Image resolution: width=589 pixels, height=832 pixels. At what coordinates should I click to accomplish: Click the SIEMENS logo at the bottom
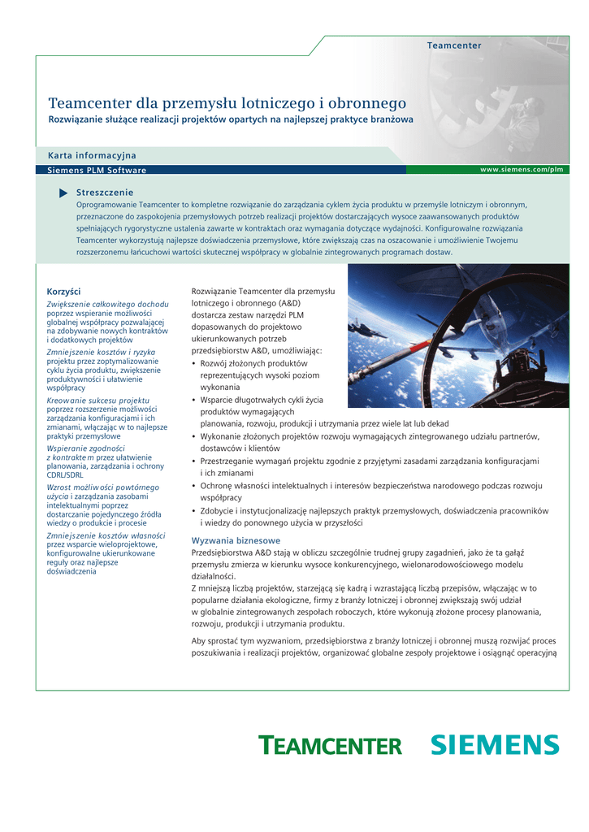pyautogui.click(x=494, y=744)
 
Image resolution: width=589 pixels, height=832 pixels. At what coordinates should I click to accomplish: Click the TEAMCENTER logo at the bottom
pyautogui.click(x=330, y=745)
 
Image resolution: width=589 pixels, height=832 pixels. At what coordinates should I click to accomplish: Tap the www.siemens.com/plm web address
pyautogui.click(x=522, y=170)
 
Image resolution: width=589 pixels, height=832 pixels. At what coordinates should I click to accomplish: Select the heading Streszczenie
pyautogui.click(x=105, y=192)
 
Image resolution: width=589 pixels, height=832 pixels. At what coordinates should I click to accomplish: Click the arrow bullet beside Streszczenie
pyautogui.click(x=64, y=193)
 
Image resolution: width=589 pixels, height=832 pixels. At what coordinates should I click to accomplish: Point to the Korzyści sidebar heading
pyautogui.click(x=63, y=291)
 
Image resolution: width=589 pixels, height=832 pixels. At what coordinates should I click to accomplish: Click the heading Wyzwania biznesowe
pyautogui.click(x=236, y=540)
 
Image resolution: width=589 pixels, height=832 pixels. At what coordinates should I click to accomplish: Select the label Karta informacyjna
pyautogui.click(x=92, y=155)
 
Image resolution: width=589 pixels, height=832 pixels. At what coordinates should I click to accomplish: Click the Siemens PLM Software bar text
pyautogui.click(x=97, y=170)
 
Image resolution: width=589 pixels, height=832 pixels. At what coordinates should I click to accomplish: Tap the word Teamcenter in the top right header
pyautogui.click(x=454, y=45)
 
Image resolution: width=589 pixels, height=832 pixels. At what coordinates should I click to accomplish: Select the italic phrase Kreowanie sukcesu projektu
pyautogui.click(x=98, y=401)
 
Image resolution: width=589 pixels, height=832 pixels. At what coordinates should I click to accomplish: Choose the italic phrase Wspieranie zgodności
pyautogui.click(x=85, y=448)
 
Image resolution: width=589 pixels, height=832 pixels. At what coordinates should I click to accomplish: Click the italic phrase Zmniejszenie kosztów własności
pyautogui.click(x=106, y=536)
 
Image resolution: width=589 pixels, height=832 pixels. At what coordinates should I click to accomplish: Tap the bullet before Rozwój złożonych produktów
pyautogui.click(x=193, y=364)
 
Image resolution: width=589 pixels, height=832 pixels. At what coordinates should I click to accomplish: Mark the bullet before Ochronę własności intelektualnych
pyautogui.click(x=193, y=486)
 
